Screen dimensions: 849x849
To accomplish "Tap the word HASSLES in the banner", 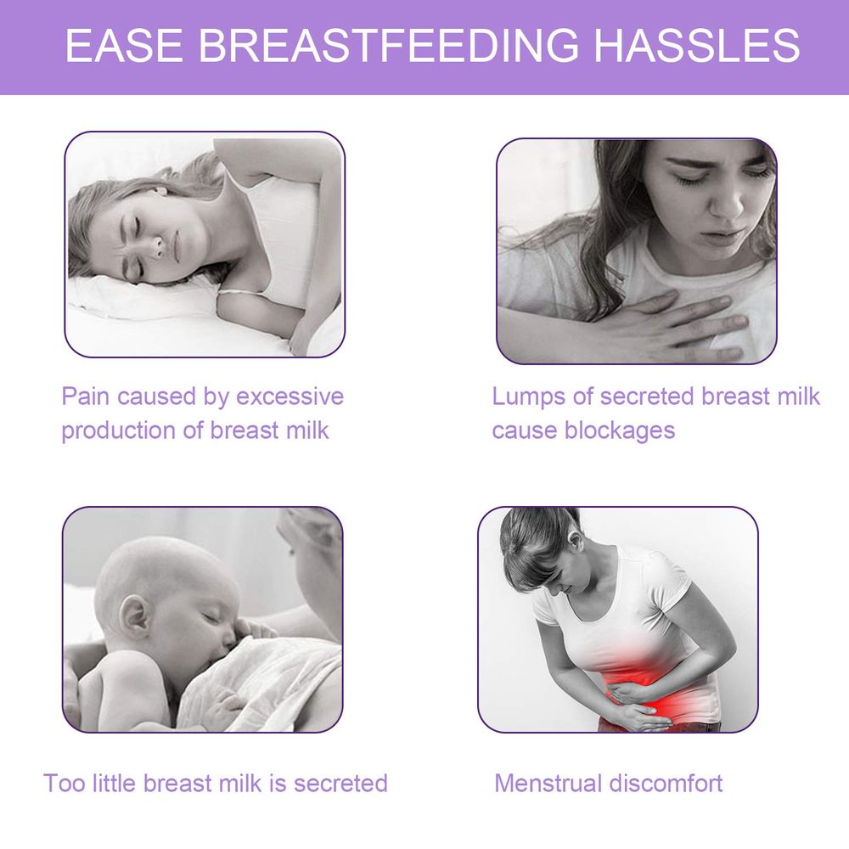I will (696, 46).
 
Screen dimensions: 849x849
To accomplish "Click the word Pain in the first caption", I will (86, 396).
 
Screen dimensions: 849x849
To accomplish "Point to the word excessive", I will (290, 396).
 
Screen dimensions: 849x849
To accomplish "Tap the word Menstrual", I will (548, 782).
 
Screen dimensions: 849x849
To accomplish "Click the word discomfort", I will (665, 782).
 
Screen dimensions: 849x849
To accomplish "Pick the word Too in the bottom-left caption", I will (64, 782).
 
